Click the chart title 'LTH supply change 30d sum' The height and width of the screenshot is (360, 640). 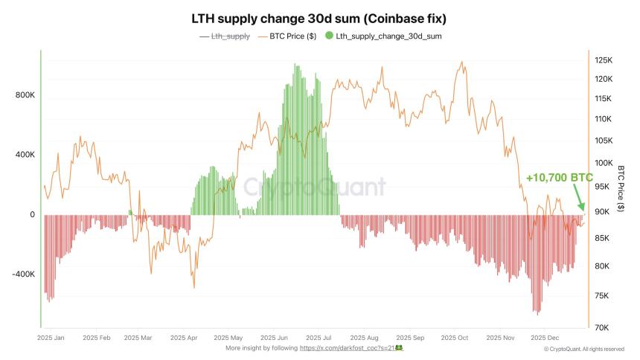coord(320,17)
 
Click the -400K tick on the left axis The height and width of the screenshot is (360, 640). coord(22,274)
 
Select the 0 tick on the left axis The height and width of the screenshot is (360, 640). coord(32,214)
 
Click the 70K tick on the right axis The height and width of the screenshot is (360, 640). coord(602,327)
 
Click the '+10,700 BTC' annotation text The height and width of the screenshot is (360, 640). coord(559,179)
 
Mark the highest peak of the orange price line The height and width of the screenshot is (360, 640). coord(464,62)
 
